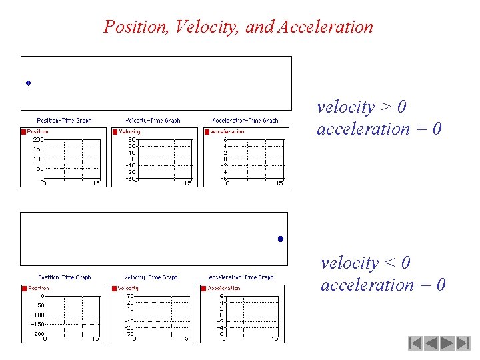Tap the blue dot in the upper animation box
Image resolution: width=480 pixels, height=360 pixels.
click(29, 83)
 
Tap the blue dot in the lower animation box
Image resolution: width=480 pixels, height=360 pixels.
click(281, 239)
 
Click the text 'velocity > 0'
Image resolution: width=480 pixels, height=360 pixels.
click(361, 107)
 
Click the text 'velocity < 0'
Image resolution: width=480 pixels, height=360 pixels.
click(365, 263)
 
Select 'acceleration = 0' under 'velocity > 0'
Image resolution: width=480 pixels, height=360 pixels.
click(379, 129)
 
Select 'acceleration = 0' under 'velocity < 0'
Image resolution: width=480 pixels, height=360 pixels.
click(383, 285)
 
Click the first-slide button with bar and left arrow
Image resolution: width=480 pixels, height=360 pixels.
click(415, 344)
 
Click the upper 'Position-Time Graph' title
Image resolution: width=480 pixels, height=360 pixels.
click(64, 121)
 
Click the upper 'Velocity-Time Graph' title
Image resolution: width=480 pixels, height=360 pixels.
click(154, 121)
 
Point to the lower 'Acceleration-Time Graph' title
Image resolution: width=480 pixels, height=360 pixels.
click(241, 277)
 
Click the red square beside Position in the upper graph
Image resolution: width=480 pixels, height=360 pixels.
click(24, 132)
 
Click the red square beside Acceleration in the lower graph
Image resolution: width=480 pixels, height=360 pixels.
click(205, 289)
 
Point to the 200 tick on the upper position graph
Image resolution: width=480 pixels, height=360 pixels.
click(37, 140)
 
